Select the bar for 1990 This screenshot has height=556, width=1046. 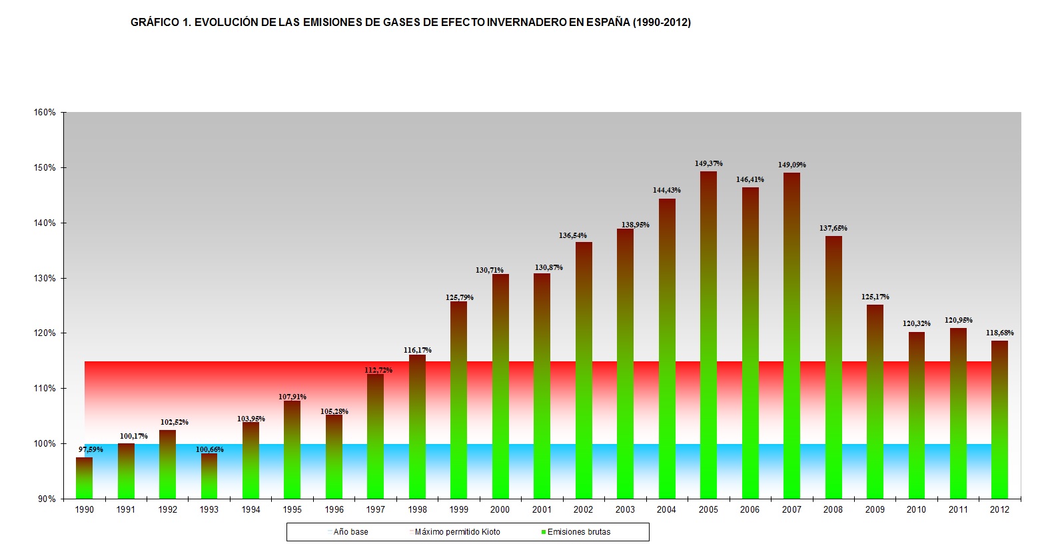(x=85, y=478)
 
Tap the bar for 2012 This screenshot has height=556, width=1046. (x=999, y=419)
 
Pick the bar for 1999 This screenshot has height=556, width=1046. (x=458, y=400)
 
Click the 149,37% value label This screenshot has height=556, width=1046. (x=708, y=163)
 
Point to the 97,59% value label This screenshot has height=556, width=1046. (x=91, y=449)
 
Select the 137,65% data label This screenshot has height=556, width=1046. (x=833, y=228)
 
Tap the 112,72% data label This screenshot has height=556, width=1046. (x=378, y=370)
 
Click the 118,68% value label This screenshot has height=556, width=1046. (x=999, y=333)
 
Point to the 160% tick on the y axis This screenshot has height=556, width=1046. (x=45, y=113)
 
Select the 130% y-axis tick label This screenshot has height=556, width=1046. (x=45, y=278)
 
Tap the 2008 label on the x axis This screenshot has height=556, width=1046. (x=833, y=509)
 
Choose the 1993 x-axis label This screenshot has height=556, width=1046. (x=209, y=509)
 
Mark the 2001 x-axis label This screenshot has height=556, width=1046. (x=542, y=509)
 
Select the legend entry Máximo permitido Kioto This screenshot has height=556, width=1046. (x=457, y=532)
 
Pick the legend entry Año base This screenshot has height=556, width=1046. (x=350, y=532)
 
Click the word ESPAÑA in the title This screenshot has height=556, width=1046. (x=608, y=22)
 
